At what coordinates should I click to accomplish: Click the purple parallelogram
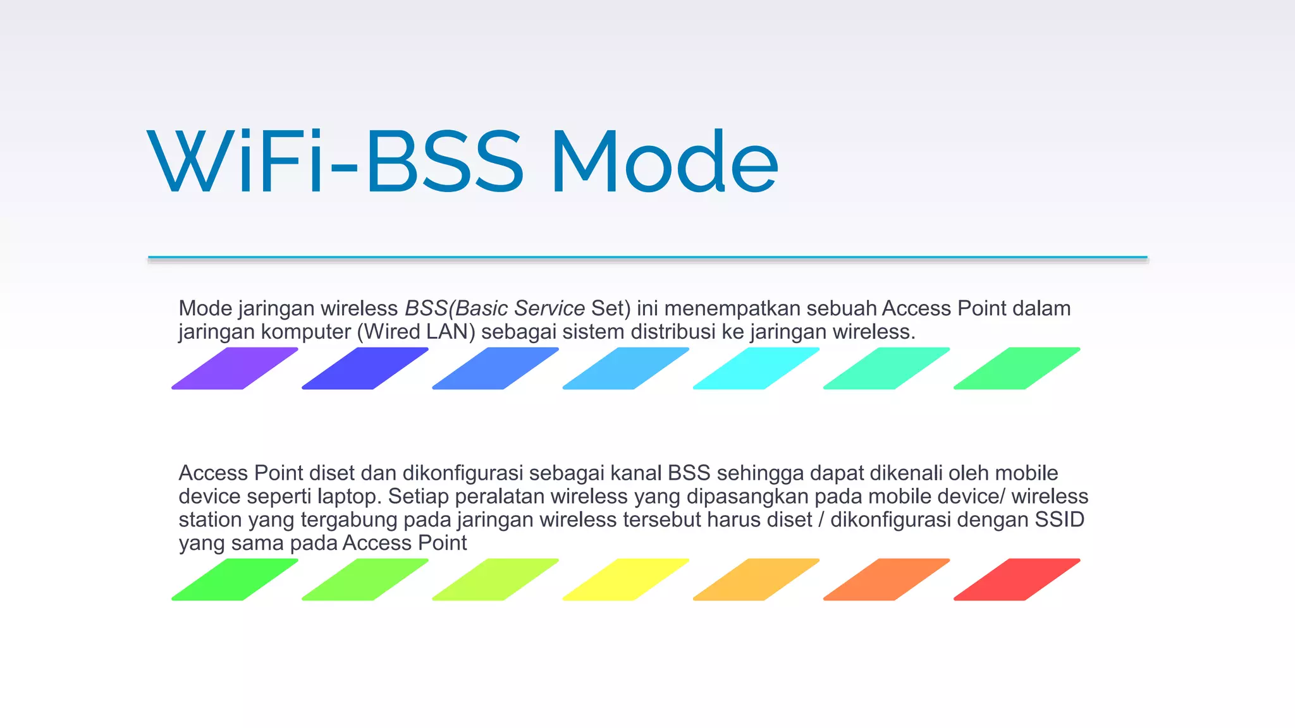[235, 368]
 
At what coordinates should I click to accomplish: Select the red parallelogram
[1017, 579]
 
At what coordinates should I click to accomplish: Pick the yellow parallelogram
[626, 579]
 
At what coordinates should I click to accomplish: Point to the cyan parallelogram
[756, 368]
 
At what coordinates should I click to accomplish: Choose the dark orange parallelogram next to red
[887, 579]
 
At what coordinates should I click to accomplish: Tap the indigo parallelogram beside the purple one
[365, 368]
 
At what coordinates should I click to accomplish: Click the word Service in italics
[549, 308]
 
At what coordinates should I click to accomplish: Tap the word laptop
[349, 497]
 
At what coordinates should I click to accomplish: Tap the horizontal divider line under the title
[647, 258]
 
